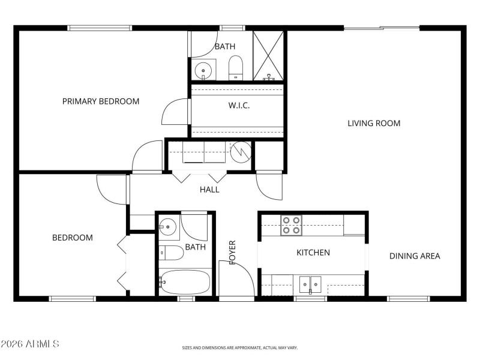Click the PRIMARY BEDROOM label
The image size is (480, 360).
tap(101, 101)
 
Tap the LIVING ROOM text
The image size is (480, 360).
tap(374, 124)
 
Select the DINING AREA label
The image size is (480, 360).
tap(415, 256)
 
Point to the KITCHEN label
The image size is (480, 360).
tap(313, 253)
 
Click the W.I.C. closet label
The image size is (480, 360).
tap(239, 106)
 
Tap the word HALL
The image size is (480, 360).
tap(209, 190)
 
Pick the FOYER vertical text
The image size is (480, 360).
tap(232, 253)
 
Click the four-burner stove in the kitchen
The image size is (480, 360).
tap(292, 226)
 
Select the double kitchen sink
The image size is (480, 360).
tap(310, 283)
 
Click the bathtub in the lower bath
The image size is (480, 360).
tap(185, 281)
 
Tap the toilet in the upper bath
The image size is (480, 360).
tap(236, 67)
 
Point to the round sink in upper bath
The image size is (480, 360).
tap(205, 69)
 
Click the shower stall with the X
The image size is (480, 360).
tap(268, 55)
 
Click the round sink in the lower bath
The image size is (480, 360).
tap(168, 227)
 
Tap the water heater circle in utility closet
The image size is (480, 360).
tap(241, 151)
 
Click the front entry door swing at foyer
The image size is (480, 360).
tap(236, 277)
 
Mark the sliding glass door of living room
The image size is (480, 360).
tap(382, 28)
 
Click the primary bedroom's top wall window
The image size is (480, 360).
tap(100, 28)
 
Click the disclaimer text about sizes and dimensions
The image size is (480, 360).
tap(240, 347)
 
